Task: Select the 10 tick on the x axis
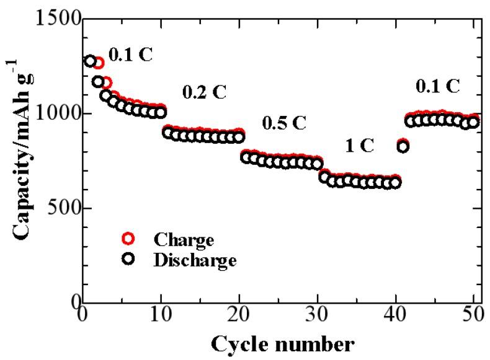161,316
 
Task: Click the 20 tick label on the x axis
239,316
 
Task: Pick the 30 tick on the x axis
317,316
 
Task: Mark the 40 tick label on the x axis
395,316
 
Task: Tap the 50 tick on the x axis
473,316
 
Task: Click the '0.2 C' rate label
204,93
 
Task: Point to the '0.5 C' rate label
284,123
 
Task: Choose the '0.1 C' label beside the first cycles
130,56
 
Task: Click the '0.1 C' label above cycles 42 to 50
438,86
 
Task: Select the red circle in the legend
128,239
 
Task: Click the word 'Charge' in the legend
183,240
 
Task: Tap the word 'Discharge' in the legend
194,261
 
